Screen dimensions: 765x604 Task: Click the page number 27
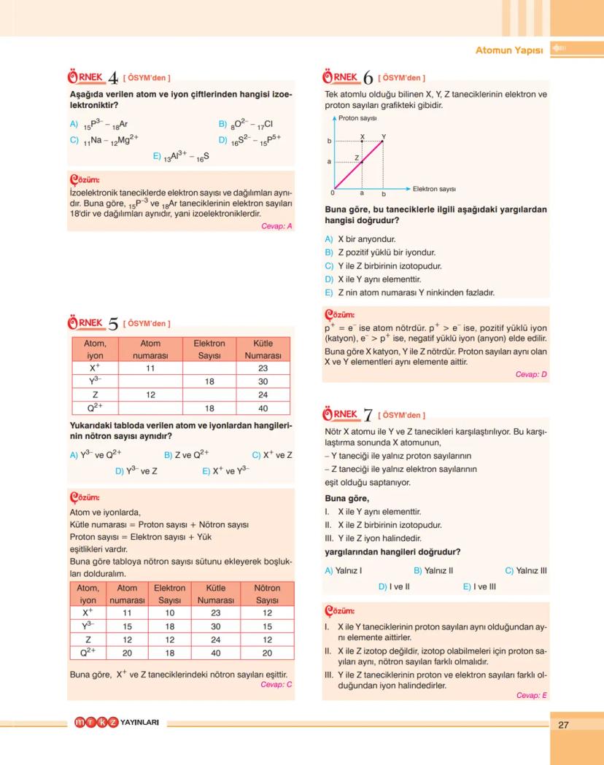click(x=562, y=725)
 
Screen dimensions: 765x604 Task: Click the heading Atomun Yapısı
click(x=508, y=50)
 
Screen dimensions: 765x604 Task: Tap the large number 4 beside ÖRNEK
click(x=113, y=78)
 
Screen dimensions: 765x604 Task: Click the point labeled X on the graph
click(x=363, y=140)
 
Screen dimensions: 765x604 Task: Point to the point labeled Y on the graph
click(x=384, y=140)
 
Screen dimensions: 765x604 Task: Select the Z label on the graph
click(x=357, y=158)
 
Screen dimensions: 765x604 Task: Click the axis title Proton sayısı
click(x=357, y=117)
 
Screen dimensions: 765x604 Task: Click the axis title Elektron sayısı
click(x=434, y=189)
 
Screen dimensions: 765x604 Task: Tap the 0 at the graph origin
click(x=332, y=194)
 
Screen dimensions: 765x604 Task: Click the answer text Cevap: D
click(x=531, y=374)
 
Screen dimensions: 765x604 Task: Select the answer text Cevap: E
click(x=531, y=696)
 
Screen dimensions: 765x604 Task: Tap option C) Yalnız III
click(x=525, y=570)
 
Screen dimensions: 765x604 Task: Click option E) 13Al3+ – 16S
click(x=181, y=156)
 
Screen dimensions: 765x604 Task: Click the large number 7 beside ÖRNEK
click(x=368, y=416)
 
